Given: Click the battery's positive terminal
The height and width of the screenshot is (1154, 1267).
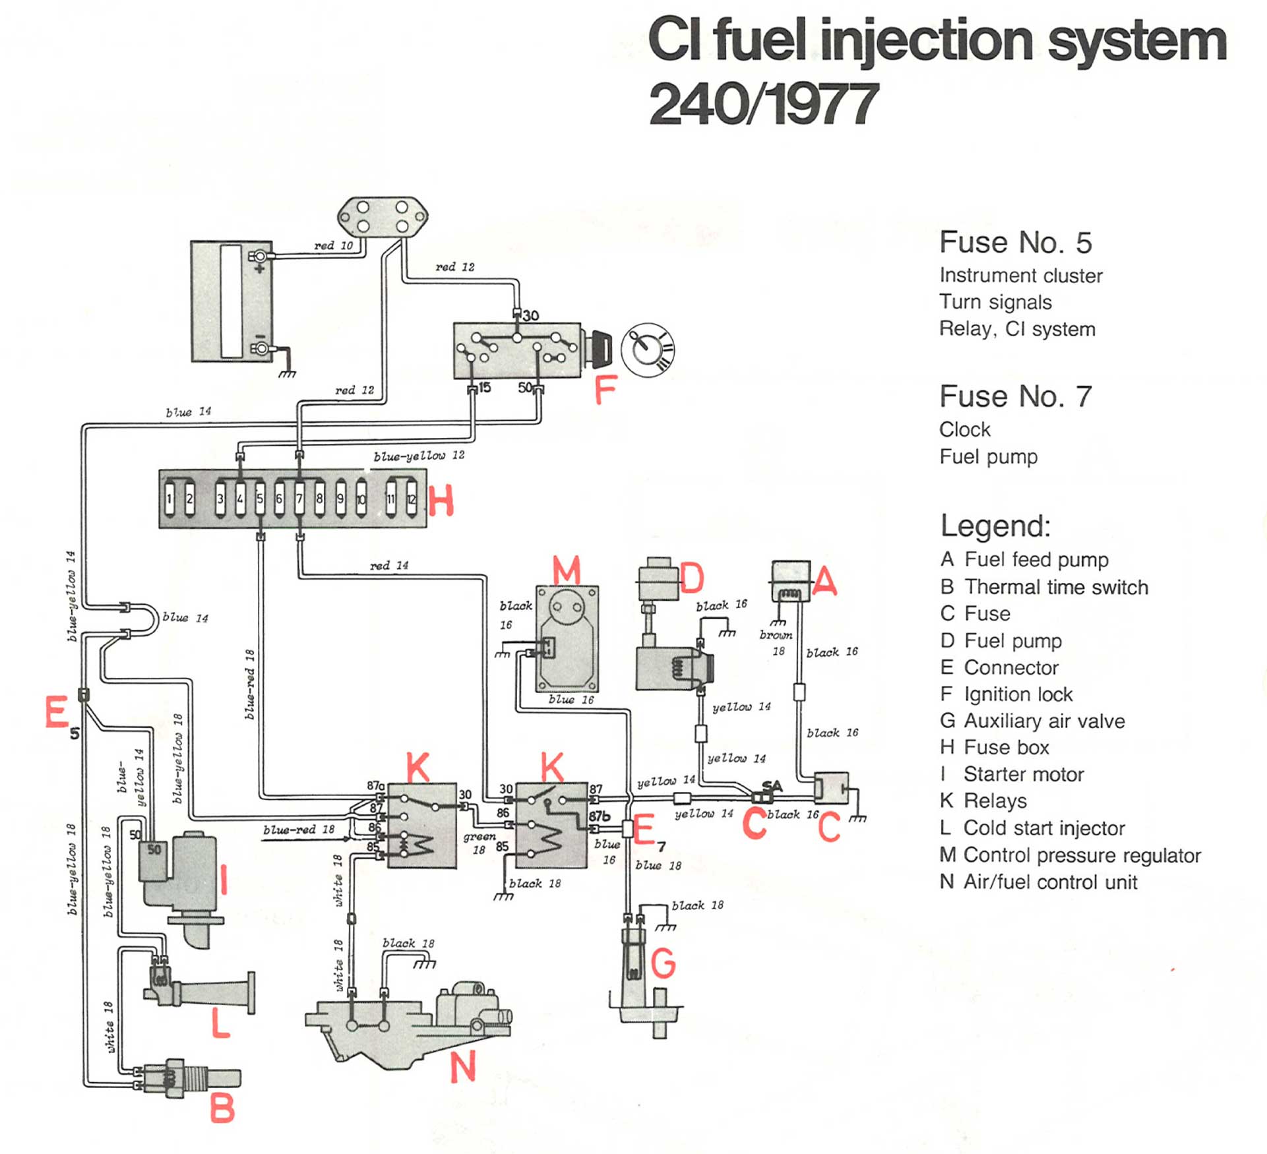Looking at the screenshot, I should [260, 257].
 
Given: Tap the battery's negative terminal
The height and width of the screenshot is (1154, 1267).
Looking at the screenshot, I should [261, 348].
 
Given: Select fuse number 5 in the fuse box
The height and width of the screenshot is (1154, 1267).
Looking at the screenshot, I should [260, 499].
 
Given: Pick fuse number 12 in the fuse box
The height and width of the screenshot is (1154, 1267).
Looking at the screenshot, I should [412, 499].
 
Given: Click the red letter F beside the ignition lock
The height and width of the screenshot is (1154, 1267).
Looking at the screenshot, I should [605, 390].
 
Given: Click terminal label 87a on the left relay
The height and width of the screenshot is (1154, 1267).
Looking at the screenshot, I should [376, 785].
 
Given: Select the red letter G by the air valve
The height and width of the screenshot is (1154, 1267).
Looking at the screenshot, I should [663, 963].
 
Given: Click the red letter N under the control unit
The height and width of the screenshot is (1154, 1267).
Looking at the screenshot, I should [463, 1067].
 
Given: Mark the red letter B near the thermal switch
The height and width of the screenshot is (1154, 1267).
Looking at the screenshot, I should [222, 1108].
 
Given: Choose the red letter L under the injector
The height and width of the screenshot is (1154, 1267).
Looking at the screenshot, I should [220, 1023].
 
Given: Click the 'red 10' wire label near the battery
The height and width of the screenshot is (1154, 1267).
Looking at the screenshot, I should [333, 246].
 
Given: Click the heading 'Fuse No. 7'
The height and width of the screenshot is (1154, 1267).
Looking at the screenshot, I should [1015, 396].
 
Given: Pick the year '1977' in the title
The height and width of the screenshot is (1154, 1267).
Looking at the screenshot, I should [813, 104].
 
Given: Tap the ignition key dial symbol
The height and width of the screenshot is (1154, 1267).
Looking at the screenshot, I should [648, 350].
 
